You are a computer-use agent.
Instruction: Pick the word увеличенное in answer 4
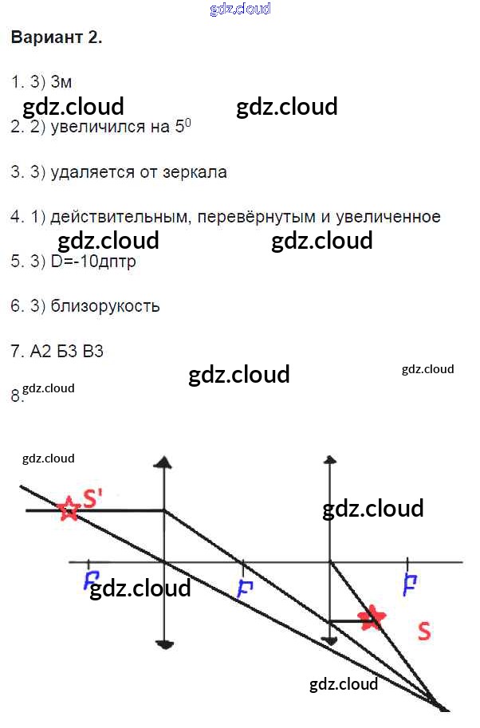coord(388,217)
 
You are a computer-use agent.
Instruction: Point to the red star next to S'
coord(69,508)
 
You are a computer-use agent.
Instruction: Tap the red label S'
coord(92,498)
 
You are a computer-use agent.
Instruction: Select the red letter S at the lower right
coord(424,632)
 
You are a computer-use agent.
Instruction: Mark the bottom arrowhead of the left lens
coord(163,643)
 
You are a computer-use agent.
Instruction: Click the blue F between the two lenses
coord(245,588)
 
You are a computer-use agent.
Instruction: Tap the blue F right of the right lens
coord(411,584)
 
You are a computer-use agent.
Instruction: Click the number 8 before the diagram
coord(16,395)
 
